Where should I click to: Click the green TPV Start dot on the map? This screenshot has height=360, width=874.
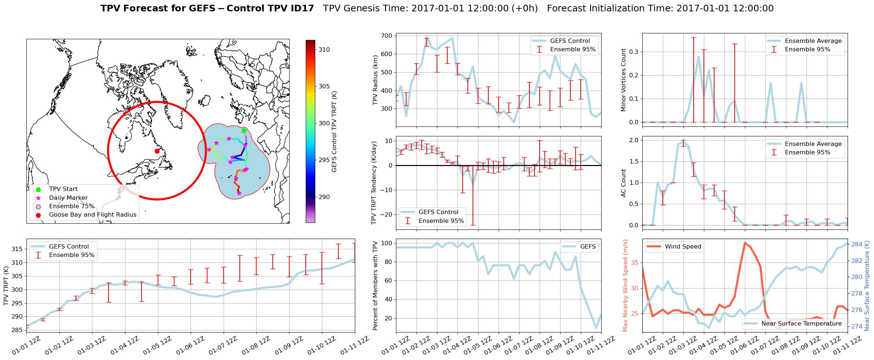pos(244,131)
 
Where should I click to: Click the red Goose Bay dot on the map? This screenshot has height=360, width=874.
pos(157,151)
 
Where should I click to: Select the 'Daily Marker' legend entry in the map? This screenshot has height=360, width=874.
pos(68,198)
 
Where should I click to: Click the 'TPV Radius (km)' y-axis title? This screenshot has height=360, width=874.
pos(375,80)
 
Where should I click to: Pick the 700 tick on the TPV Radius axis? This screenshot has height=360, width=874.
pos(387,36)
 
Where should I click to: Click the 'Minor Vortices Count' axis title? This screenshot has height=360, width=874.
pos(623,80)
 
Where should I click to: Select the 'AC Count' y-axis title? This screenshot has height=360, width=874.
pos(623,183)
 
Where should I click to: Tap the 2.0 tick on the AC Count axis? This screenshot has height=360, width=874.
pos(634,140)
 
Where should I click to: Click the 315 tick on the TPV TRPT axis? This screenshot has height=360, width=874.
pos(17,249)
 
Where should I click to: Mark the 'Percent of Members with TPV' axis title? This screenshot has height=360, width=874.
pos(375,286)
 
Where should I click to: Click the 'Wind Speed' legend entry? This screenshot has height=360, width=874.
pos(683,247)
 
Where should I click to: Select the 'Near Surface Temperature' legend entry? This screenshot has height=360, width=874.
pos(801,324)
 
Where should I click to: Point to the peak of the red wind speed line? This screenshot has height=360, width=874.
pos(745,243)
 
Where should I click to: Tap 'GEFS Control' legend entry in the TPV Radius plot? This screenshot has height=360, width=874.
pos(570,41)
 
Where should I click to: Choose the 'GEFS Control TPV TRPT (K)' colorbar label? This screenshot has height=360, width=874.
pos(334,132)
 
